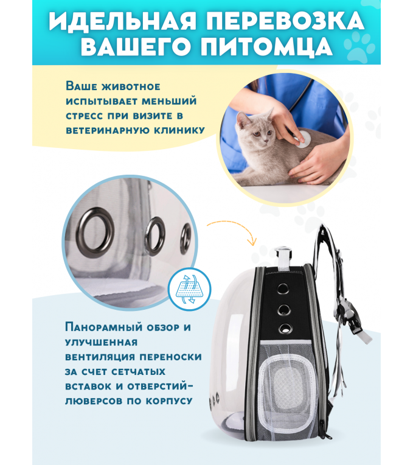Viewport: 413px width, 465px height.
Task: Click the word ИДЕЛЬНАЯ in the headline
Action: coord(123,21)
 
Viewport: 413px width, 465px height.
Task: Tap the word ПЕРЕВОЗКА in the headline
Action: coord(286,21)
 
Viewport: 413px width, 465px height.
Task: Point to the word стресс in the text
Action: coord(85,116)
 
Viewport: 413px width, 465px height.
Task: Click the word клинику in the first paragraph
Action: coord(179,130)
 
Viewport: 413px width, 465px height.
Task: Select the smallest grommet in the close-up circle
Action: coord(186,238)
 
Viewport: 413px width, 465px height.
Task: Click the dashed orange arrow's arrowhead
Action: coord(252,242)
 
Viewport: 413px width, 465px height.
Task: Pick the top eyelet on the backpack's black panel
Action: coord(283,288)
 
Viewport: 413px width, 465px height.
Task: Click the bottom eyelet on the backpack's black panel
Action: coord(285,328)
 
